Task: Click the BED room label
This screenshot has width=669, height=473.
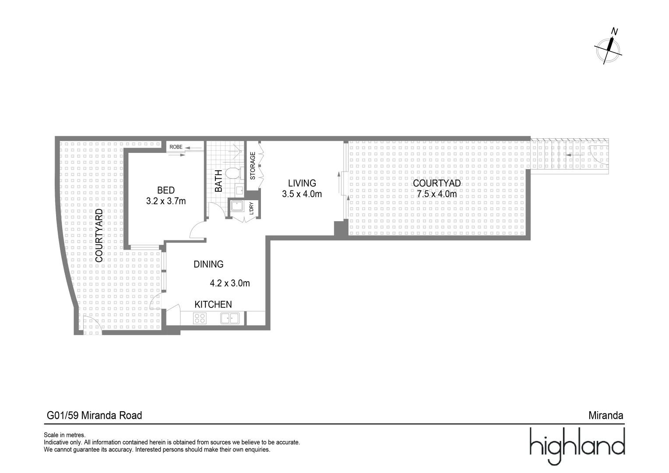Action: [x=166, y=190]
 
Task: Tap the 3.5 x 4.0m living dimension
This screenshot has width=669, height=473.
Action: [x=302, y=194]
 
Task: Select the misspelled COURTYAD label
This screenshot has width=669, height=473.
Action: [x=437, y=183]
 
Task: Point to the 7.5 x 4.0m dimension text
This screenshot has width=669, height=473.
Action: [x=437, y=194]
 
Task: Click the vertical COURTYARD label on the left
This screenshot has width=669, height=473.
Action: [x=99, y=236]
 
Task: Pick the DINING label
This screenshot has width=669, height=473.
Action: [x=208, y=264]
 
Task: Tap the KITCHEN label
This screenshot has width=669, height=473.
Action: [x=213, y=304]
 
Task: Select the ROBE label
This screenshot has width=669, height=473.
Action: [x=176, y=147]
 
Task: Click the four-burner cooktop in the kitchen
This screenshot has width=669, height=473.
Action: [x=200, y=318]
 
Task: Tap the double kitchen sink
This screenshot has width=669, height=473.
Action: [x=229, y=318]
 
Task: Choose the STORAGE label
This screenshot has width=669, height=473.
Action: [x=253, y=166]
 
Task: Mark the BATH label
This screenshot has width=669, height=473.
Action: [x=219, y=180]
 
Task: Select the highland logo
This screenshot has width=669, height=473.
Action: [x=577, y=445]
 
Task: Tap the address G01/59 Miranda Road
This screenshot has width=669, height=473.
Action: [x=95, y=415]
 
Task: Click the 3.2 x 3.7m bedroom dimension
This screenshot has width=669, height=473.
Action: [x=166, y=201]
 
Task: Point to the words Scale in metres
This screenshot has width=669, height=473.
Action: [x=64, y=435]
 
